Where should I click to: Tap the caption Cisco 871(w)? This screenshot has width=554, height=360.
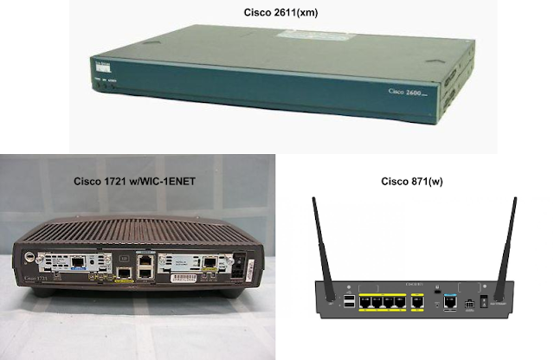point(409,182)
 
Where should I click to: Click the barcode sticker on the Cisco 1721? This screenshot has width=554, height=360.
point(183,280)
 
